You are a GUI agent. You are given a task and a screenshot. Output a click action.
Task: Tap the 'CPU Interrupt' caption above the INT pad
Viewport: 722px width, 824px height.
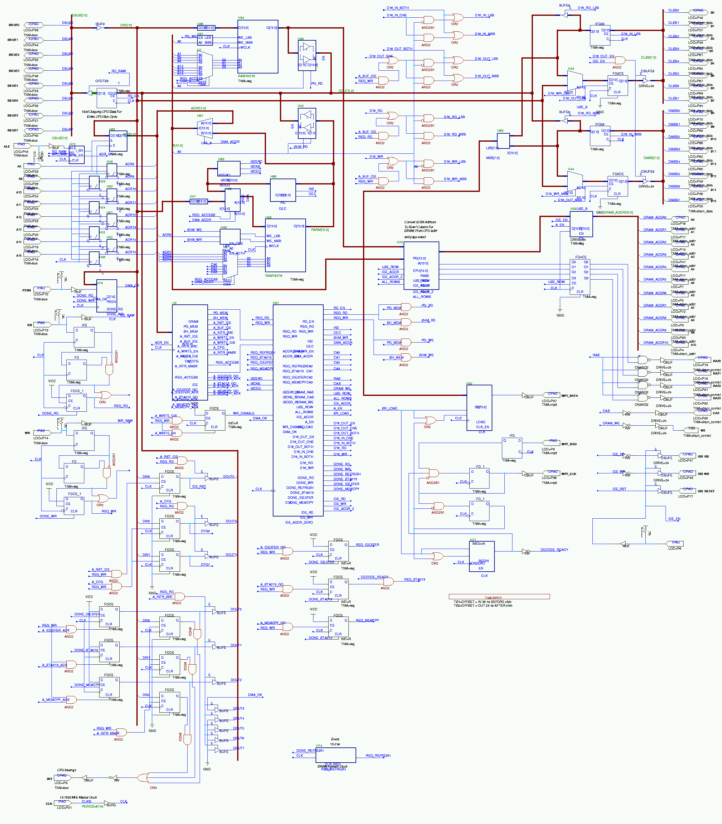[x=66, y=770]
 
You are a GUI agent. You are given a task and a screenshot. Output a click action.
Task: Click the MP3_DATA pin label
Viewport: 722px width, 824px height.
[x=569, y=396]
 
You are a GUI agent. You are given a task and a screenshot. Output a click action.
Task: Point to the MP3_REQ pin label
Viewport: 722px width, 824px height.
[x=569, y=444]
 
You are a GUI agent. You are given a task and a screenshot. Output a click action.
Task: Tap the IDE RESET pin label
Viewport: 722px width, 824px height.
[x=706, y=491]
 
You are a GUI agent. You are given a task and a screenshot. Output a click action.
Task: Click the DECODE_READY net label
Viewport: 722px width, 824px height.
[x=554, y=550]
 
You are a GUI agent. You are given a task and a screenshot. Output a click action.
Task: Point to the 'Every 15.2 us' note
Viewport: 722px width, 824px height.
[x=335, y=742]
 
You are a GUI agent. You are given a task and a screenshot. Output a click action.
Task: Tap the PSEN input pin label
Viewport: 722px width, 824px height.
[x=27, y=290]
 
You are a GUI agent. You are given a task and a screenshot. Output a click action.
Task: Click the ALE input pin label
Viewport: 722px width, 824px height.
[x=7, y=147]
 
